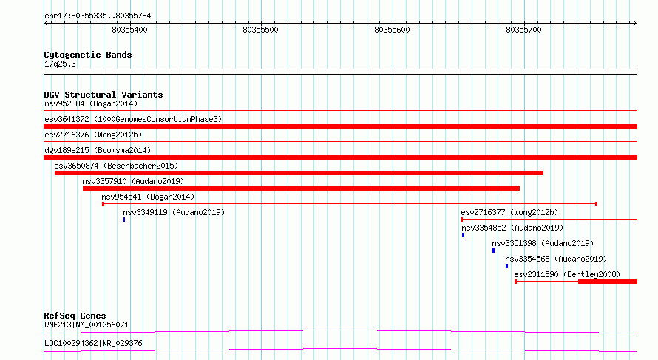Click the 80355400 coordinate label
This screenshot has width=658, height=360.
click(x=129, y=30)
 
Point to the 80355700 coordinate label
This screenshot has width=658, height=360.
click(x=523, y=30)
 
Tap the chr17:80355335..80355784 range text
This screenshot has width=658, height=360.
click(x=98, y=16)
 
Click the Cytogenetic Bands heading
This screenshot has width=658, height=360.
click(x=88, y=55)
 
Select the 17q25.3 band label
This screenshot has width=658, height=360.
click(x=60, y=64)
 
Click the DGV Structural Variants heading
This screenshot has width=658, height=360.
click(x=104, y=95)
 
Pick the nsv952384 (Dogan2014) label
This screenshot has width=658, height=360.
click(x=91, y=103)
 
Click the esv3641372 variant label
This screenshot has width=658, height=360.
click(x=67, y=119)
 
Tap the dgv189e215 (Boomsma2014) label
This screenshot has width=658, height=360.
click(x=98, y=150)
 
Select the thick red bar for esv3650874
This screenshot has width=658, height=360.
click(x=299, y=173)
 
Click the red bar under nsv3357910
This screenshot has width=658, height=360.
click(x=302, y=189)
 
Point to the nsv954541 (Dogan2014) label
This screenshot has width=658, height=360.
click(x=148, y=197)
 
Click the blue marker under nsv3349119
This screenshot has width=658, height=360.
click(x=124, y=220)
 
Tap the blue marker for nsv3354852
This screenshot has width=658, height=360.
click(x=464, y=235)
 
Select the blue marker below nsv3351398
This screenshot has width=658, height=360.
click(x=494, y=251)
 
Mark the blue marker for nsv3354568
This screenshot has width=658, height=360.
click(x=507, y=266)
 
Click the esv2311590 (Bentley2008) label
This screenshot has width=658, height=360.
click(x=567, y=274)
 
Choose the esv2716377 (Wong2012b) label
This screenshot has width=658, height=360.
click(x=510, y=212)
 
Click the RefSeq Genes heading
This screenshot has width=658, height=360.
click(x=75, y=316)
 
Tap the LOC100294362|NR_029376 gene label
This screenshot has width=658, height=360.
click(x=94, y=343)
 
